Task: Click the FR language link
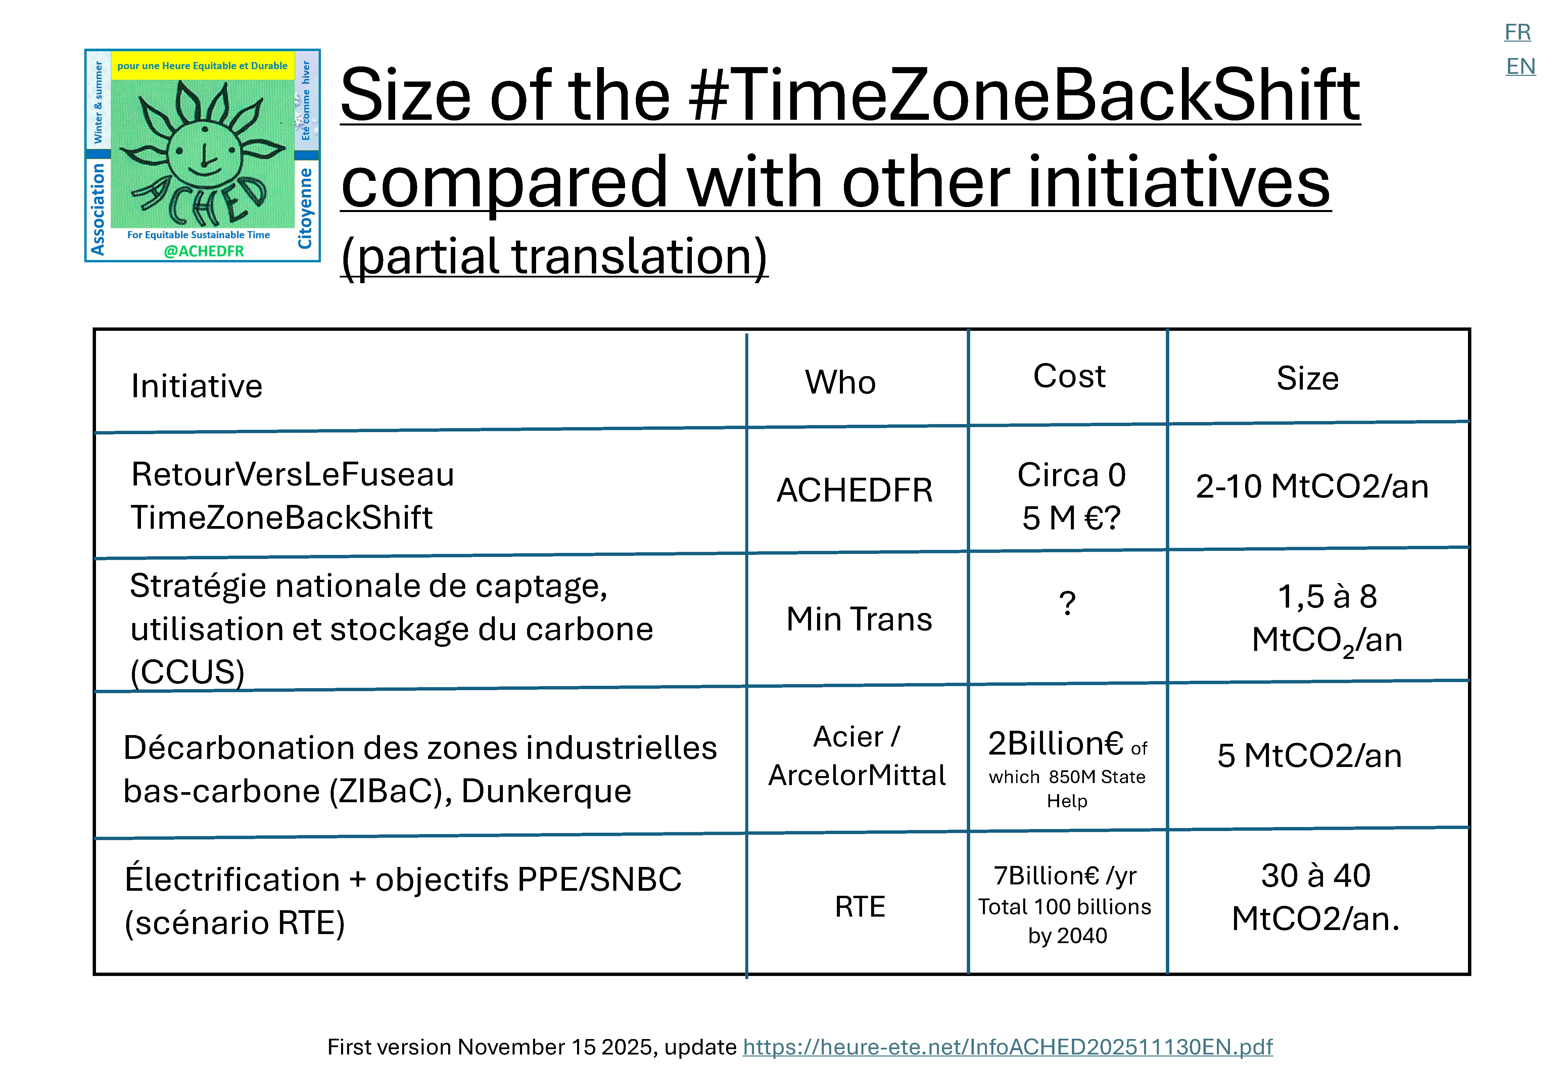[1517, 32]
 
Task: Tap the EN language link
[1520, 66]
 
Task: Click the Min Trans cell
[859, 619]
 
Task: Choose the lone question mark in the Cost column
[1067, 603]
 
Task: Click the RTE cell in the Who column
[860, 907]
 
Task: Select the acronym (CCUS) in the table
[187, 673]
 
